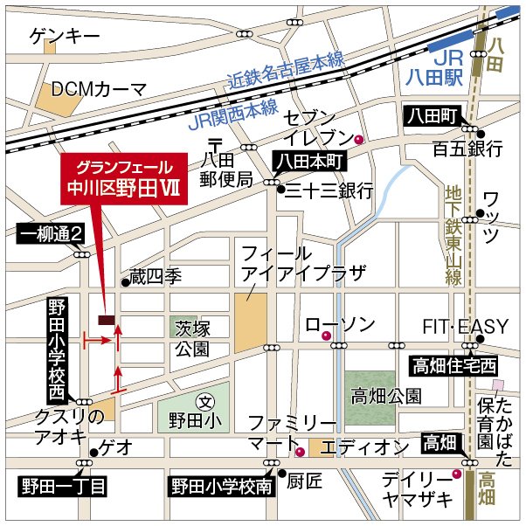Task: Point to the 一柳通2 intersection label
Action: [x=53, y=233]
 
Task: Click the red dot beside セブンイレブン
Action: [x=358, y=140]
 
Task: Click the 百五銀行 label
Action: [x=468, y=149]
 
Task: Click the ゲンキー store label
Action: [x=64, y=36]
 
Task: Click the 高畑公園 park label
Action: [x=385, y=397]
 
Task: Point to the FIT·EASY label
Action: [x=465, y=327]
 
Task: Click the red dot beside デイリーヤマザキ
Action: [x=455, y=474]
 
